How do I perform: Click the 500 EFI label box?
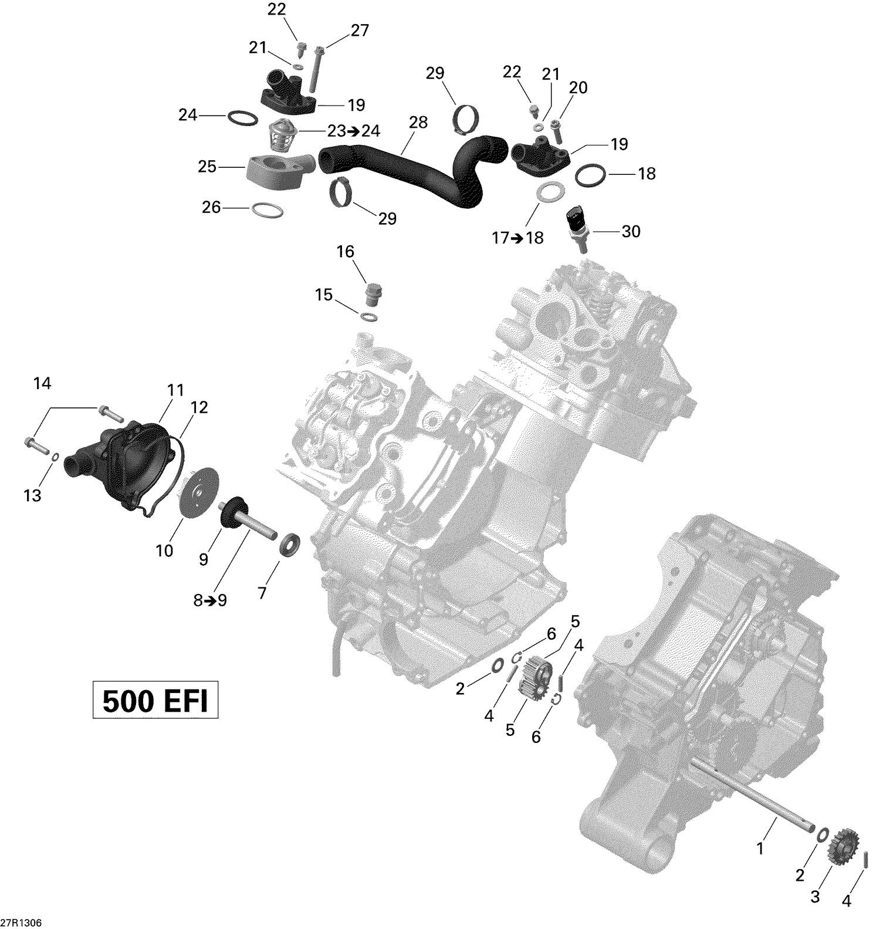[155, 700]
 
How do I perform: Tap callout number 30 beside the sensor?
[631, 231]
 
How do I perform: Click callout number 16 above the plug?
[346, 252]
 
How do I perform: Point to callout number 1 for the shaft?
[760, 848]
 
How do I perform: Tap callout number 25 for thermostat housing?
[207, 167]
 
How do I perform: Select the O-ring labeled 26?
[267, 210]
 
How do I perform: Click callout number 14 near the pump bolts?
[42, 384]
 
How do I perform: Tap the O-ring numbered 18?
[590, 175]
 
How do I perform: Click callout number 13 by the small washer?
[32, 495]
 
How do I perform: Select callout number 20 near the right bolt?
[578, 88]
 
